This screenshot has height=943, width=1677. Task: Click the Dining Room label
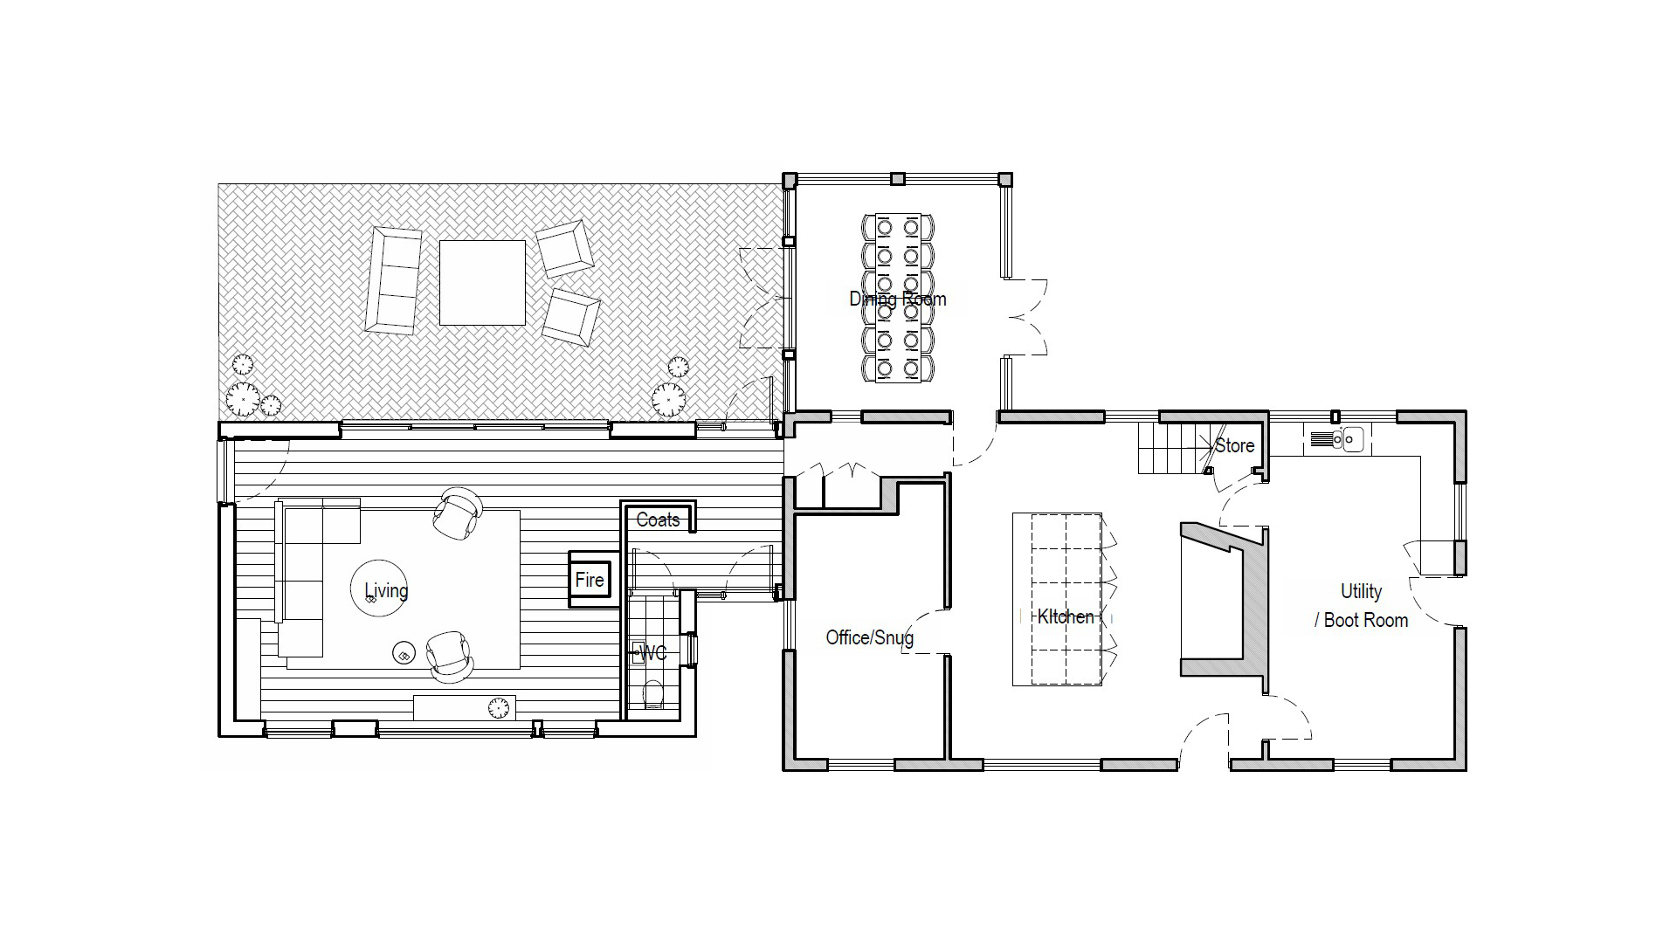897,299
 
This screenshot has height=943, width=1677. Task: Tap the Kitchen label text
1065,616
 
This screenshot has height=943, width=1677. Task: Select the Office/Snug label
869,637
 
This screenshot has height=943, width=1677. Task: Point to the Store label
1234,445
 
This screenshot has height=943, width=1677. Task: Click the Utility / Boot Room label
1362,606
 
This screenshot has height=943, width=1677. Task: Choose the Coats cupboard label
658,520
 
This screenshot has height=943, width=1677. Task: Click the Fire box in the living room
590,579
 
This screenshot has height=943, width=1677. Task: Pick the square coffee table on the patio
482,283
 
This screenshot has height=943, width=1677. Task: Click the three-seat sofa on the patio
394,279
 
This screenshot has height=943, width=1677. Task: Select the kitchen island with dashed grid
1057,599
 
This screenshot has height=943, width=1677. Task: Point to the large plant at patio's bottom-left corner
242,399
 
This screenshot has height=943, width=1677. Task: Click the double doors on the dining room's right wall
1025,317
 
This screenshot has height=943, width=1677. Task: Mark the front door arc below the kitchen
1204,740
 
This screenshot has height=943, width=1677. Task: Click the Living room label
386,590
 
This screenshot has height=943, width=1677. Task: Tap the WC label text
653,653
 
